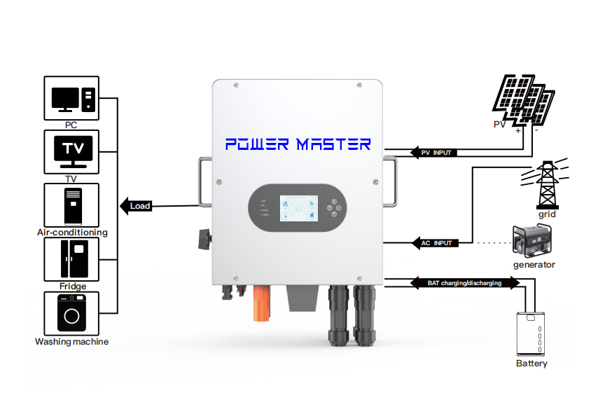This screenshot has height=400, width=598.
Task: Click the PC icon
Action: click(71, 98)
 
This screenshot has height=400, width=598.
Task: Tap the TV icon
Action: click(71, 151)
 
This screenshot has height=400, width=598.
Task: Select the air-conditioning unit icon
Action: click(71, 205)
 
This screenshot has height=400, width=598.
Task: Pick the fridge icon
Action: click(71, 259)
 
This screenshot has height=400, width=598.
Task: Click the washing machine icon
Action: click(71, 313)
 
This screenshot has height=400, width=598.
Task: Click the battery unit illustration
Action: click(531, 333)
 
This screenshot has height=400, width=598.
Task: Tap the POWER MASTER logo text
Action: click(298, 144)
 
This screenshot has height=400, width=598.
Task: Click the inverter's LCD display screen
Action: click(297, 207)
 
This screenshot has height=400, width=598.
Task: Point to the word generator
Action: click(534, 265)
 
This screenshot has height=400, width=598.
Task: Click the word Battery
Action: click(531, 364)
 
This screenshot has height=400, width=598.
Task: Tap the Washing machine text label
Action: click(71, 342)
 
